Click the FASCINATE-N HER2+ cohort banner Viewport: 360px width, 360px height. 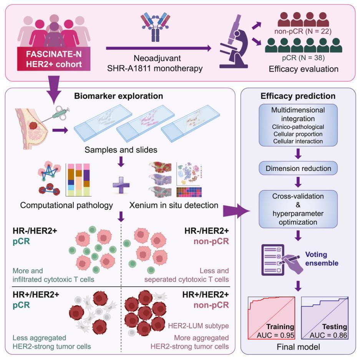(54, 59)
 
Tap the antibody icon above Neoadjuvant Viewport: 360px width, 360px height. (155, 27)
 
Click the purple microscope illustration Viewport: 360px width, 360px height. (234, 41)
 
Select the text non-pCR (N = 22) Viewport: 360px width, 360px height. (303, 31)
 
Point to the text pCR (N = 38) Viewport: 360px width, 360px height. (303, 58)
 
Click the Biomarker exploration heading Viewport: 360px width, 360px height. (118, 96)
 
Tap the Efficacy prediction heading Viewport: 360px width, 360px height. (298, 96)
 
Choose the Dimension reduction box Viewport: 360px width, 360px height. (298, 168)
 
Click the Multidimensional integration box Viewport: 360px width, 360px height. (298, 125)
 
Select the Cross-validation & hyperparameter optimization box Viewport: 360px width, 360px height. (298, 209)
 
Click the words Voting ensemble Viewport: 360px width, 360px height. (322, 259)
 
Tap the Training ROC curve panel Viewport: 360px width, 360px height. (271, 318)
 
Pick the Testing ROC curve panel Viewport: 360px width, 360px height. (325, 318)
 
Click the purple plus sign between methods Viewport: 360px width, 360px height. (121, 185)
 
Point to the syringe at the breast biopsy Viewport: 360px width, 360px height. (56, 114)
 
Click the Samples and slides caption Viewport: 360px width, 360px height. (121, 150)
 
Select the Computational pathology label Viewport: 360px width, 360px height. (66, 205)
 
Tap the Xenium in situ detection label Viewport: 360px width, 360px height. (174, 205)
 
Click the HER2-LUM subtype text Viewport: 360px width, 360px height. (198, 326)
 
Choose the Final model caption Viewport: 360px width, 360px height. (298, 347)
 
